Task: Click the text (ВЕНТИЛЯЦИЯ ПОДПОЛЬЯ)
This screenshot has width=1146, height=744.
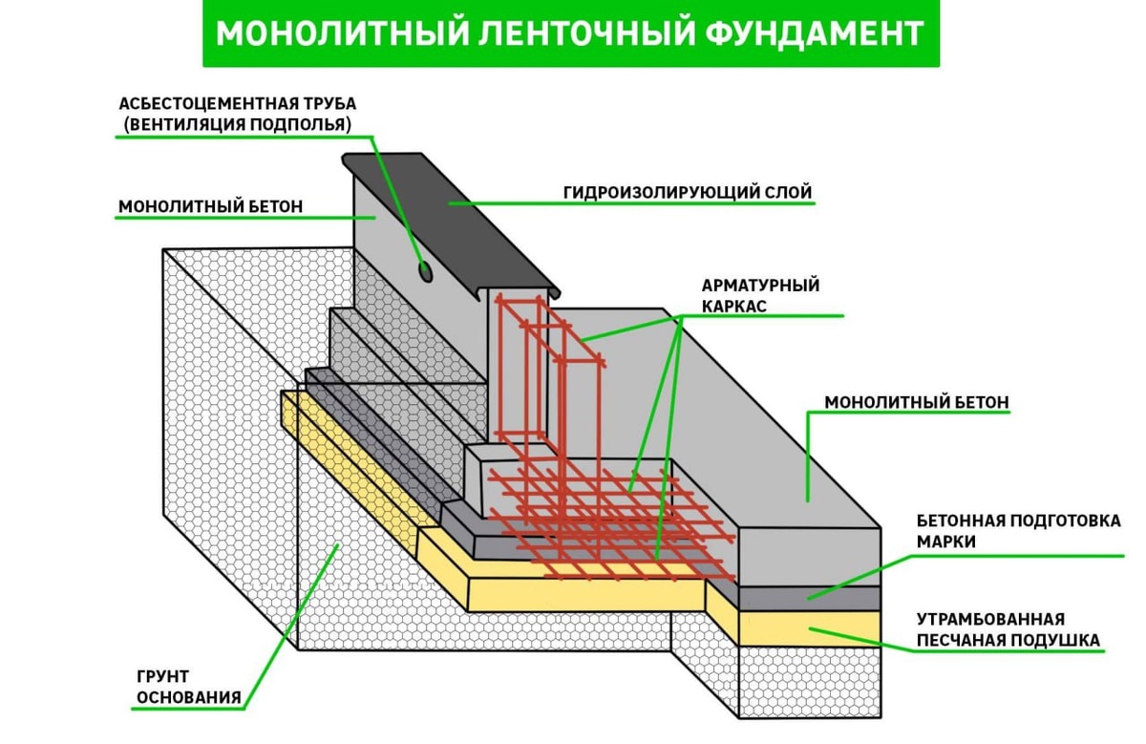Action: (237, 124)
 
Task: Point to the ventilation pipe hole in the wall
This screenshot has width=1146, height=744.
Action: (425, 272)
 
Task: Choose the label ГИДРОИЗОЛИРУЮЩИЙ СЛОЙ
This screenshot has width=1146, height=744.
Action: (687, 193)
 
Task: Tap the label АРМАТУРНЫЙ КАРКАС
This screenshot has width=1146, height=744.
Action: (760, 296)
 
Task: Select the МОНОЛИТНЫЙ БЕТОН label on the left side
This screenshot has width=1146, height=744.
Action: (210, 206)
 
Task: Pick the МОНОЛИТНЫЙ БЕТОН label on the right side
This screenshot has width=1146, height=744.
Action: (916, 402)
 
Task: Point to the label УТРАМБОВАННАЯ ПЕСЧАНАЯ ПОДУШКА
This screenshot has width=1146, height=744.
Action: (1008, 629)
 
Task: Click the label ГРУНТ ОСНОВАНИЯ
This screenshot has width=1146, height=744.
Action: (187, 686)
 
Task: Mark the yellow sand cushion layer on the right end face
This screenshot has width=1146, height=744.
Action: (812, 627)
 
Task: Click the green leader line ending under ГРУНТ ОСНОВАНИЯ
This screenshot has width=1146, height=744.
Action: (191, 710)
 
